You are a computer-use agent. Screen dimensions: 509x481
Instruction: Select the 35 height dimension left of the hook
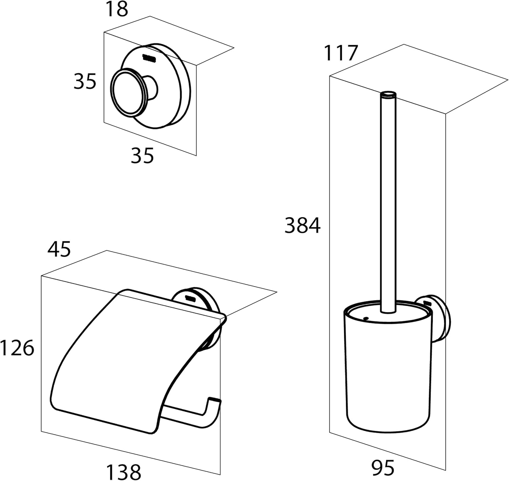(85, 81)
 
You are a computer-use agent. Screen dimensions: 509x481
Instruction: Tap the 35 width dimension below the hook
(143, 156)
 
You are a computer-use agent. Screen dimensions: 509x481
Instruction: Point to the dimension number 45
(59, 249)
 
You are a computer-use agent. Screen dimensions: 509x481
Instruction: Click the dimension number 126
(17, 348)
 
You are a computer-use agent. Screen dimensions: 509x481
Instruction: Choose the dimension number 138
(124, 471)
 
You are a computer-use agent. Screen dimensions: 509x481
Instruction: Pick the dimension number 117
(341, 53)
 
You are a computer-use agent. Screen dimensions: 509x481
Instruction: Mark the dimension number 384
(302, 226)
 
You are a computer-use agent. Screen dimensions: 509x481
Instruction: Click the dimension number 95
(383, 468)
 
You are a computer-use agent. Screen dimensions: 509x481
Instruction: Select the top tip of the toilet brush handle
(388, 93)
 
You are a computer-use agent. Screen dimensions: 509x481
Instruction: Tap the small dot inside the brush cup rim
(366, 319)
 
